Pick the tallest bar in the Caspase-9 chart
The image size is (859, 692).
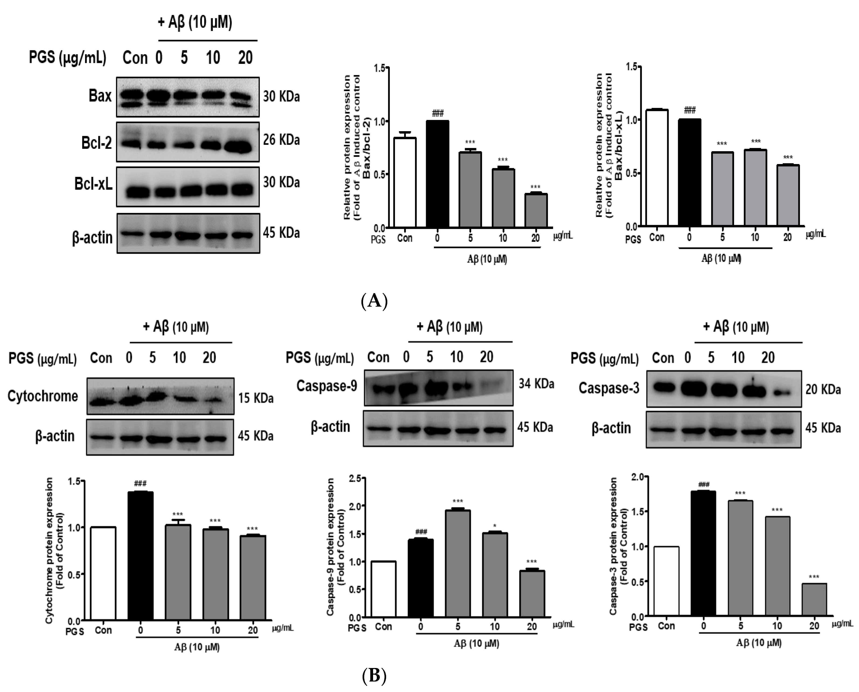[458, 563]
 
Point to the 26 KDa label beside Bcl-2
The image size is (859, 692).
[281, 140]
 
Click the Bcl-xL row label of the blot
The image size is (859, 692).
[93, 184]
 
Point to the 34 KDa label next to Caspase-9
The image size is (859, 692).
[536, 384]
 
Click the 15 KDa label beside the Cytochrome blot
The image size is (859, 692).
[256, 398]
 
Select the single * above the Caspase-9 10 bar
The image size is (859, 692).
[495, 526]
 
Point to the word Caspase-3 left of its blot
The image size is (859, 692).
[608, 388]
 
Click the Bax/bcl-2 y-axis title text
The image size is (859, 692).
[351, 147]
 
